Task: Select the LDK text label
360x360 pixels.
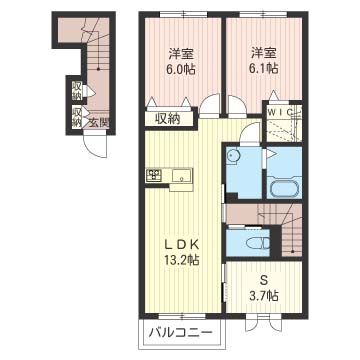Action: click(x=182, y=245)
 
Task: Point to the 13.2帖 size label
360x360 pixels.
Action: click(x=182, y=259)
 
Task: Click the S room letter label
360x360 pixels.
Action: click(x=264, y=281)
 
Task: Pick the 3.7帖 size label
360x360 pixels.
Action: click(x=264, y=295)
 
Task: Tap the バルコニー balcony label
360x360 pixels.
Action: click(x=180, y=332)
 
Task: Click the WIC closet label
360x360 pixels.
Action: click(x=281, y=111)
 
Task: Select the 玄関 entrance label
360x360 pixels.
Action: click(x=99, y=123)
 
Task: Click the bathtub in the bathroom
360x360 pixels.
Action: click(x=284, y=190)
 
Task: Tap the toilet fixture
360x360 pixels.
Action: click(x=258, y=244)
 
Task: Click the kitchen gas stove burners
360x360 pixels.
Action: click(x=154, y=175)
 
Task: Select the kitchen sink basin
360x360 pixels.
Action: click(x=182, y=175)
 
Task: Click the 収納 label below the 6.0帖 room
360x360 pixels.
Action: click(x=169, y=119)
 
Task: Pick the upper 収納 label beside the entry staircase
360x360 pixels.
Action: click(x=77, y=91)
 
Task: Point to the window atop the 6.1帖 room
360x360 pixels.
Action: click(x=264, y=14)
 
